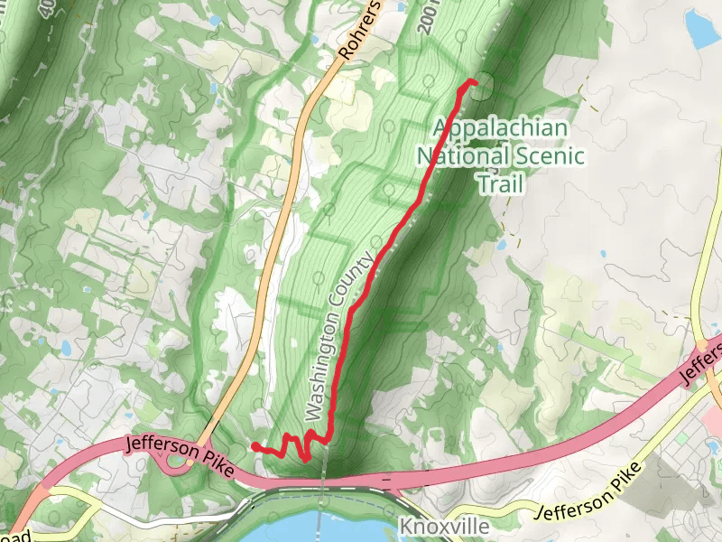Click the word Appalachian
(x=500, y=127)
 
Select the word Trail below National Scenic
(x=500, y=183)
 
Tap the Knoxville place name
(x=445, y=527)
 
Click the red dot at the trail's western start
(x=255, y=446)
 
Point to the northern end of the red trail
(x=472, y=82)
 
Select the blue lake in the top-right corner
(x=701, y=29)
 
